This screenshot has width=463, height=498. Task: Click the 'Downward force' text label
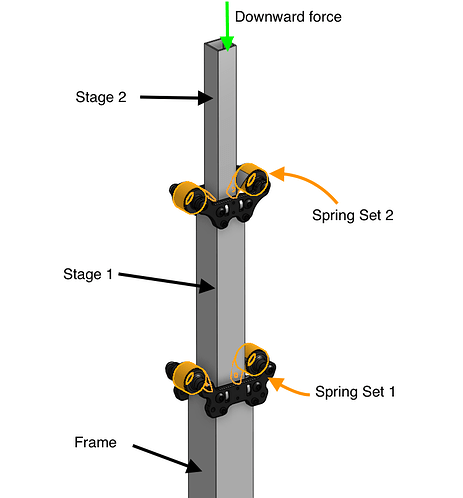(288, 17)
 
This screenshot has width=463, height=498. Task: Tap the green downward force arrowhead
(227, 43)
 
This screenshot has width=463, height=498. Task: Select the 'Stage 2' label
(101, 97)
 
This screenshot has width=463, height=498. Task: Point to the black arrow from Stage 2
(176, 98)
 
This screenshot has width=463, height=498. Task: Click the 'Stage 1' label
(88, 274)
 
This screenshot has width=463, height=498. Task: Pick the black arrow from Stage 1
(166, 281)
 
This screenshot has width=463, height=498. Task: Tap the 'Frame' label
(95, 442)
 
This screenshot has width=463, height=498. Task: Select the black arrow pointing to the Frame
(167, 458)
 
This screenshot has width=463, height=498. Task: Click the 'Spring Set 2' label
(353, 215)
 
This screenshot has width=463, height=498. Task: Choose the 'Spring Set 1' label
(355, 392)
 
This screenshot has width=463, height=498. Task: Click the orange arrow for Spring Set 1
(288, 388)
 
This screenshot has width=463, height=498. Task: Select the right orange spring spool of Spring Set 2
(251, 179)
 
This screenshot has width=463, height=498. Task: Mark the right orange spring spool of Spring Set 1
(252, 360)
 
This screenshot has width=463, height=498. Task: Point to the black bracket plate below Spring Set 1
(230, 394)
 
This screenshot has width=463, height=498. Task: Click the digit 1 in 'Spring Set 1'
(392, 391)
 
